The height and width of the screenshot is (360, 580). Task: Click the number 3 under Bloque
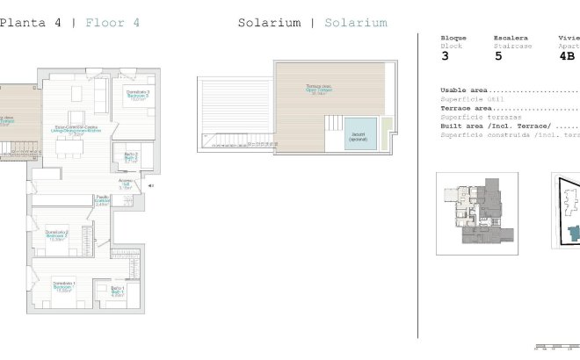point(445,55)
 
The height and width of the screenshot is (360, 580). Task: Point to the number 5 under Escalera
point(498,55)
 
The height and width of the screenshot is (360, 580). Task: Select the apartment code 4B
point(567,55)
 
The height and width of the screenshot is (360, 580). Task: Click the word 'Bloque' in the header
point(453,38)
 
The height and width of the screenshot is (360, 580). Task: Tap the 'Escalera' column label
point(511,38)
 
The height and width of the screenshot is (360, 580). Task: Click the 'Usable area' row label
point(464,90)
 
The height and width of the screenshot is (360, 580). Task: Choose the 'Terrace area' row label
point(466,108)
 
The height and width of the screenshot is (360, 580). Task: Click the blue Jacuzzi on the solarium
point(358,133)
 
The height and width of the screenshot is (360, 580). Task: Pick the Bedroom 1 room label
point(62,285)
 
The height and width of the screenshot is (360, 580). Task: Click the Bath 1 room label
point(118,291)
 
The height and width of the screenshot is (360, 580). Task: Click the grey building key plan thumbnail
point(476,213)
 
